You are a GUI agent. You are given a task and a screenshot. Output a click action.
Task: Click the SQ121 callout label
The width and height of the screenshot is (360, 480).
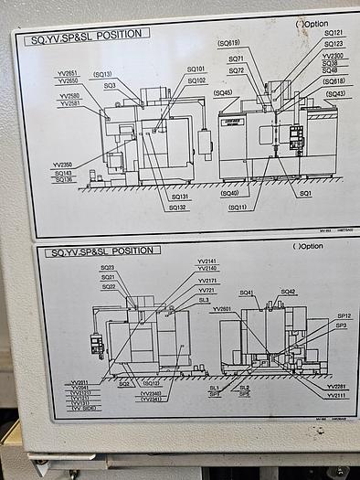tap(334, 33)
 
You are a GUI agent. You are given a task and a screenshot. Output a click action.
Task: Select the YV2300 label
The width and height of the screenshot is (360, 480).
tap(334, 55)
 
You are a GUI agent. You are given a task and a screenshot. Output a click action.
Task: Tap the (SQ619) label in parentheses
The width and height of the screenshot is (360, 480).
tap(228, 42)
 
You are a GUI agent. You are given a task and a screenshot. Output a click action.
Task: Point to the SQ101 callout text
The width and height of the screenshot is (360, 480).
tap(196, 69)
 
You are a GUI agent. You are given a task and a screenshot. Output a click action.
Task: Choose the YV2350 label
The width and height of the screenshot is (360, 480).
tap(62, 165)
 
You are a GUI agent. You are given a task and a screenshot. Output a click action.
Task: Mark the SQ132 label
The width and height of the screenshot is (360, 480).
tap(179, 208)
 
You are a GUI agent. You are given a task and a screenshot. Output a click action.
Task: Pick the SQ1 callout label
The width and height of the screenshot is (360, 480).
tap(305, 193)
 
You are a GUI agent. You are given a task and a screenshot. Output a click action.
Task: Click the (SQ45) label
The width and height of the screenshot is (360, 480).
tap(222, 92)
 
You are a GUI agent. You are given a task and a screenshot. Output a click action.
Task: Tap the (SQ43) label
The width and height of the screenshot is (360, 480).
tap(335, 93)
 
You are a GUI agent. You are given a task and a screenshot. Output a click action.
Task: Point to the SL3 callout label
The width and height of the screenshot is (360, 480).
tap(204, 299)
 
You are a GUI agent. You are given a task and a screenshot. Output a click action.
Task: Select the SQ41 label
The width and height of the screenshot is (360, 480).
tap(247, 293)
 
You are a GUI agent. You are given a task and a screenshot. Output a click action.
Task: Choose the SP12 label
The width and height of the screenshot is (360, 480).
tap(343, 316)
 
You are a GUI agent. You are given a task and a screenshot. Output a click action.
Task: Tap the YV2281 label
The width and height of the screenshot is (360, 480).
tap(335, 387)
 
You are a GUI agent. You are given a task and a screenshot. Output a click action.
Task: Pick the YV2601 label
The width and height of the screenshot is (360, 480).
tap(222, 309)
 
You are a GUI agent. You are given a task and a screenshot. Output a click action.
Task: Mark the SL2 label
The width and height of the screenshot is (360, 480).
tap(244, 388)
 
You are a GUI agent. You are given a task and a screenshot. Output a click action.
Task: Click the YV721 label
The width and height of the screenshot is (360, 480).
tap(207, 290)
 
